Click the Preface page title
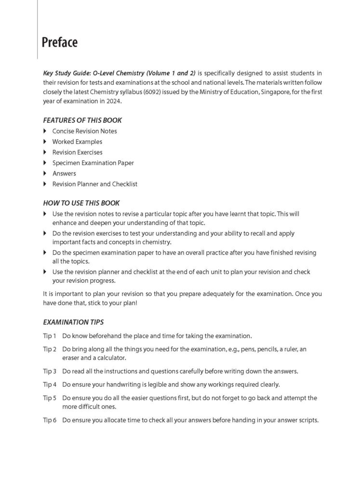coord(59,42)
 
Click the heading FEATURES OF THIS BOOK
coord(82,120)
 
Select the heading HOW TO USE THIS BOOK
coord(81,203)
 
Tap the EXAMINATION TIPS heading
coord(73,322)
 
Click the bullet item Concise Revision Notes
coord(84,131)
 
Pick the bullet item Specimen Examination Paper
coord(93,163)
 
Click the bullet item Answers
coord(64,173)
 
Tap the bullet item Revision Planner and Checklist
coord(95,184)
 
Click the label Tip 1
coord(50,335)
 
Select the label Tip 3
coord(50,371)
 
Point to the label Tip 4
coord(50,384)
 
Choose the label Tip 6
coord(50,420)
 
